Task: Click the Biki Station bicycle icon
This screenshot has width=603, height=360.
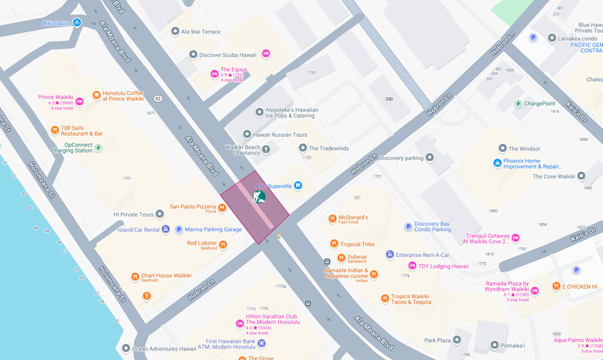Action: (x=76, y=23)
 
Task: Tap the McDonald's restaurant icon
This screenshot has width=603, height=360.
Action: (x=332, y=218)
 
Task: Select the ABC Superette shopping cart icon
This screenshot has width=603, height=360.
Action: (x=298, y=186)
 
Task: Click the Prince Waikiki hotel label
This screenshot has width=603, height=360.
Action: (x=55, y=97)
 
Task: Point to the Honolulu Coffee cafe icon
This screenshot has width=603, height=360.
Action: (x=97, y=95)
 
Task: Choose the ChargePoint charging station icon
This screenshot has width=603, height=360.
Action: (x=517, y=104)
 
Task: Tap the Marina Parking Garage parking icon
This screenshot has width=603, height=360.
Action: (x=179, y=230)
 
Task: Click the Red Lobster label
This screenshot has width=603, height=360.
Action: (x=202, y=243)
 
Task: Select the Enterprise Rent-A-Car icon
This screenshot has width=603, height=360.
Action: (x=390, y=255)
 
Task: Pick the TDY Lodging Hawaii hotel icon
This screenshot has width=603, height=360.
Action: (x=412, y=266)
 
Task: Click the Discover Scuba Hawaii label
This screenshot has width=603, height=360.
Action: (x=228, y=55)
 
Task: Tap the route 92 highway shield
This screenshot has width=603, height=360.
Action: (x=158, y=99)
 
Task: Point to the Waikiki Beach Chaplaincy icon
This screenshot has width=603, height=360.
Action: (x=266, y=150)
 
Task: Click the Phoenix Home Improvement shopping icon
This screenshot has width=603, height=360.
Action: (x=497, y=163)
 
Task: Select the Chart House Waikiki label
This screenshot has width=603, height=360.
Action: (x=166, y=276)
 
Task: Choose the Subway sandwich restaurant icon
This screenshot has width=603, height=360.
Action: (x=341, y=258)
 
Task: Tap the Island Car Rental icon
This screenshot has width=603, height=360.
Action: (x=166, y=230)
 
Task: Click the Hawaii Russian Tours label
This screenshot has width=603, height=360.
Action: (x=280, y=135)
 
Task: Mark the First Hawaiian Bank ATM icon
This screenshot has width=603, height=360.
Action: (x=262, y=343)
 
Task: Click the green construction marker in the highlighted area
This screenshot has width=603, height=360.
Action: (x=259, y=196)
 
